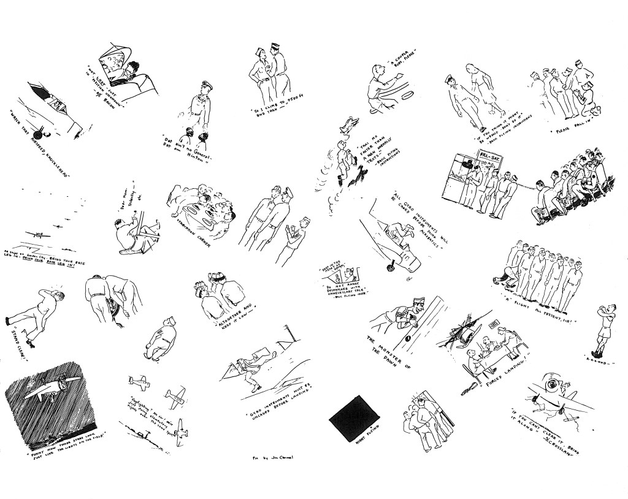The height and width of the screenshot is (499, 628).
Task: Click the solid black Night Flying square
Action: point(354,419)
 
